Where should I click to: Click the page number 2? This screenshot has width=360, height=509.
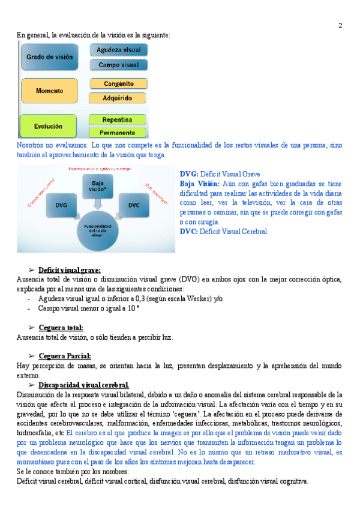(340, 25)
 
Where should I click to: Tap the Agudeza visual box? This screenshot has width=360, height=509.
(118, 50)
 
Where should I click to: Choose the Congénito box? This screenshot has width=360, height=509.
(118, 84)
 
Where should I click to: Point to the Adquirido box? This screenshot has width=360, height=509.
(118, 98)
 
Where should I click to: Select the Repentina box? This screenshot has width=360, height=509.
(118, 119)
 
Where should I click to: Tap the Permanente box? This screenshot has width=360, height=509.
(118, 132)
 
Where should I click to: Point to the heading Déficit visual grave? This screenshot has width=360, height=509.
(69, 270)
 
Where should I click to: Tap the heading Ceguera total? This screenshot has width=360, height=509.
(61, 328)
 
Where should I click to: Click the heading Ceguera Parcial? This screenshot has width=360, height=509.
(64, 356)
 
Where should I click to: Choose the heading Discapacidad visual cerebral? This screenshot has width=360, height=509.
(83, 385)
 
